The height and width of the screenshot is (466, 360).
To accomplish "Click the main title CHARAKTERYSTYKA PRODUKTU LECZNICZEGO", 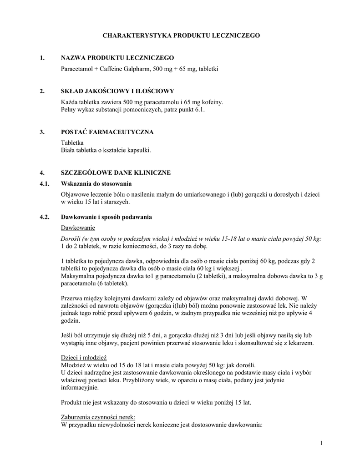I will [x=181, y=35].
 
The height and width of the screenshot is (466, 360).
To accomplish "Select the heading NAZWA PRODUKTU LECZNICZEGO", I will [x=117, y=58].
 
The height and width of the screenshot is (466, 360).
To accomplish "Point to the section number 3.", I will [x=42, y=132].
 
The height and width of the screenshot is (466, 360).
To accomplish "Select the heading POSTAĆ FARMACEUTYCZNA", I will [x=107, y=132].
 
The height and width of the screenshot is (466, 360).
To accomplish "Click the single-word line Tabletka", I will [x=72, y=142].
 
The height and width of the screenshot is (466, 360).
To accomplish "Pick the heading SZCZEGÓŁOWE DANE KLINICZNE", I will [x=116, y=173].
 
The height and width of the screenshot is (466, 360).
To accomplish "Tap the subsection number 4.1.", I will [x=44, y=184].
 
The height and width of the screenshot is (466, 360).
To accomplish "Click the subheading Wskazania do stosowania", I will [x=96, y=184].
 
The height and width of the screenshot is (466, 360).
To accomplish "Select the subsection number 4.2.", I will [x=44, y=217].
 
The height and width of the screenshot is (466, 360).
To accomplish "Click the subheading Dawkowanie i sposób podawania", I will [x=106, y=217].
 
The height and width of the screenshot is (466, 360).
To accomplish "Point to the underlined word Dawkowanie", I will [x=78, y=228].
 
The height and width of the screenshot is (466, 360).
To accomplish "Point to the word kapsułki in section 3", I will [x=138, y=150].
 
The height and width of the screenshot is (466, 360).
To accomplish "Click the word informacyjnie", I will [x=79, y=388].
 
